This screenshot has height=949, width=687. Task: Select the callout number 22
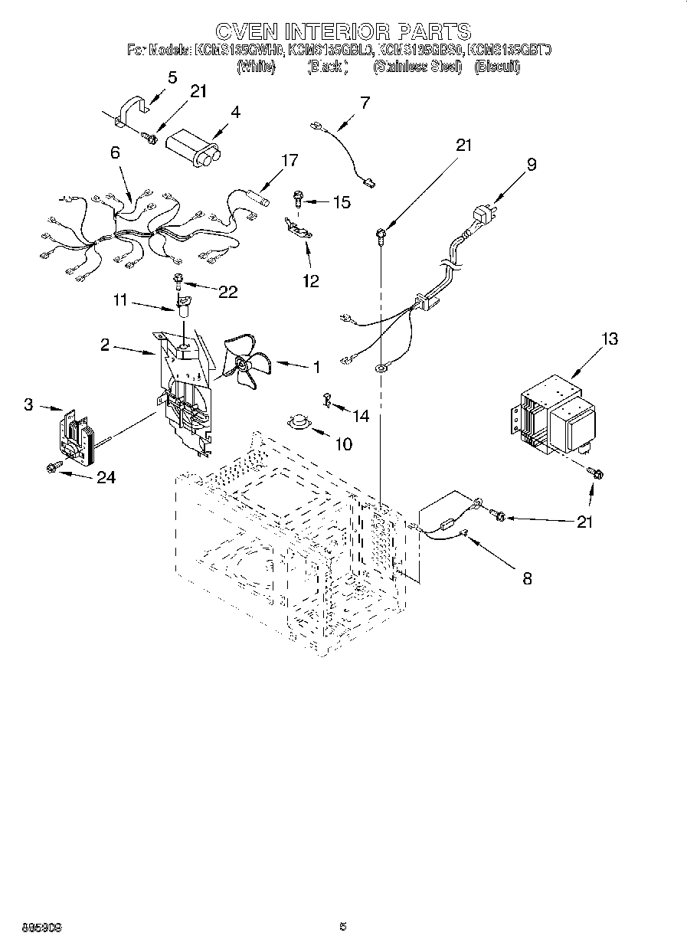tap(227, 292)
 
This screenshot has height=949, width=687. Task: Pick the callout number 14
tap(360, 415)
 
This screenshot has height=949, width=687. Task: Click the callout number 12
tap(310, 281)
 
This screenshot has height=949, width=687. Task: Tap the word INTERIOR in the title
tap(343, 31)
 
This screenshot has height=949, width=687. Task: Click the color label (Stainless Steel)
tap(417, 67)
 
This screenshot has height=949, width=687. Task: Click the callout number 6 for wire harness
tap(115, 152)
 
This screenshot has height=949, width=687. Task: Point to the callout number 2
tap(106, 345)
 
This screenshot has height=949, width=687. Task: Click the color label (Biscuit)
tap(497, 67)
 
